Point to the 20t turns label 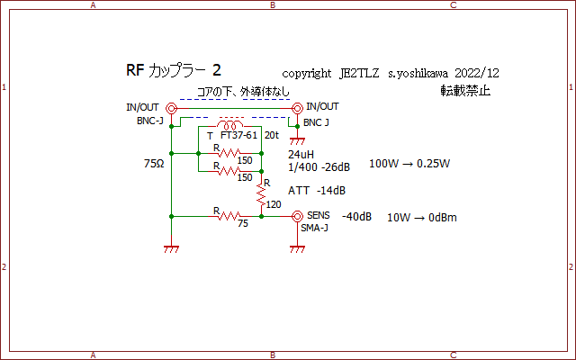272,135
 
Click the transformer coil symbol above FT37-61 232,125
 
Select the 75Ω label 155,165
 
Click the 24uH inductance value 301,155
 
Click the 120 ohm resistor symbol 262,192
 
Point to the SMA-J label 316,228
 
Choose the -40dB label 356,217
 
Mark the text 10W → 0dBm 421,218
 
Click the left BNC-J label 150,120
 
